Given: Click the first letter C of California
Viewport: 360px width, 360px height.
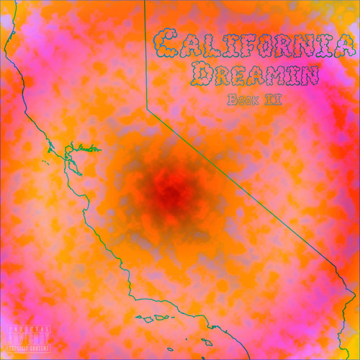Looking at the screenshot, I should point(166,45).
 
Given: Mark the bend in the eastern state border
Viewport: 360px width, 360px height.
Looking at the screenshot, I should point(148,109).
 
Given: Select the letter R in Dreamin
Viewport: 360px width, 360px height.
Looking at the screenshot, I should point(220,74).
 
